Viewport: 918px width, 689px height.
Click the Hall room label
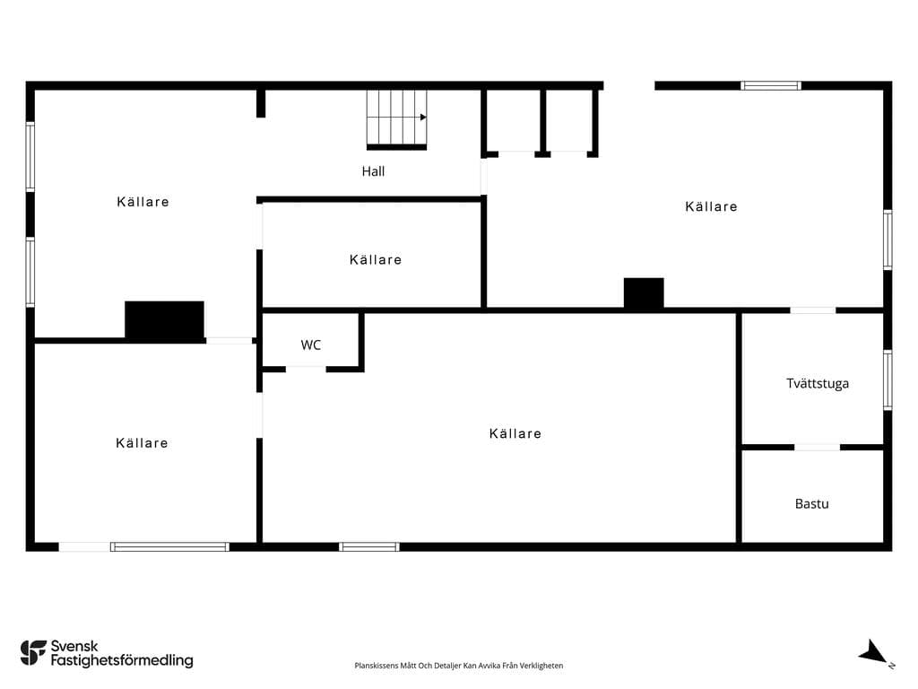(373, 171)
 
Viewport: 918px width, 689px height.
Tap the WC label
(310, 345)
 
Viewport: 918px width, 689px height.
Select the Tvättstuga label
(818, 384)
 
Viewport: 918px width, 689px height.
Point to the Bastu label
(811, 504)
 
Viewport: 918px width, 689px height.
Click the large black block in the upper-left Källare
(165, 320)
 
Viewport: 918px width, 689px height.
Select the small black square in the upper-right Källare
(644, 293)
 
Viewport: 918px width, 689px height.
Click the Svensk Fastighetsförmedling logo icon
(33, 653)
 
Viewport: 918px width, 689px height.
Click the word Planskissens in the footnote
(376, 666)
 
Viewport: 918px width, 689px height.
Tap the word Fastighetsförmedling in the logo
(122, 660)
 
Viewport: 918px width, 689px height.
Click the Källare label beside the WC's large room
(515, 433)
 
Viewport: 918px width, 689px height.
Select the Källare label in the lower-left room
(142, 443)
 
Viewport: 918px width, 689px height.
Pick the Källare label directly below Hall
(376, 259)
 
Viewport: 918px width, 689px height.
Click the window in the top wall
(770, 85)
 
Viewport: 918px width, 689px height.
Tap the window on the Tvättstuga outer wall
(888, 379)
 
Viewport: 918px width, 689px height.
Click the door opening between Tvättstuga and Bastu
(817, 447)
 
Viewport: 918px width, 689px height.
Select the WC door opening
(306, 369)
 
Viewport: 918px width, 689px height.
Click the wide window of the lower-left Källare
(169, 546)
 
